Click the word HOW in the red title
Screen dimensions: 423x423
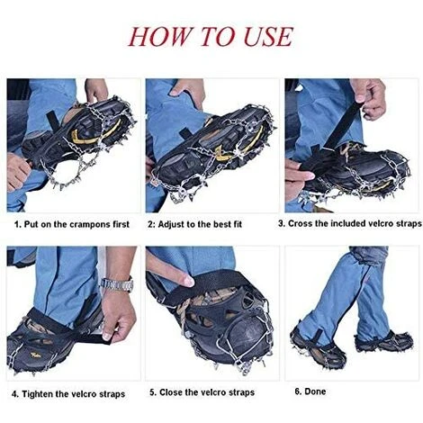point(159,37)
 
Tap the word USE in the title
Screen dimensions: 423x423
point(268,37)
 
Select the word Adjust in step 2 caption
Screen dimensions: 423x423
point(171,224)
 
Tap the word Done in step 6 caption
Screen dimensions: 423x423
point(315,391)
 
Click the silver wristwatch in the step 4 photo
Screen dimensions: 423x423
point(118,283)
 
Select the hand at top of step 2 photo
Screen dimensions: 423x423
point(188,92)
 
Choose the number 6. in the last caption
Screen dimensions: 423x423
point(298,391)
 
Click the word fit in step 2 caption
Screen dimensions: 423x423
point(237,224)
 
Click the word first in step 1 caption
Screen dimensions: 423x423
point(121,224)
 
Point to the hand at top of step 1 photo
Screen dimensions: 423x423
point(96,89)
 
